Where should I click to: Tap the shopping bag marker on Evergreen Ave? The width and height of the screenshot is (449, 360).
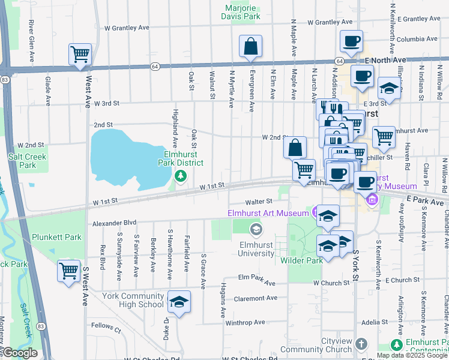(250, 47)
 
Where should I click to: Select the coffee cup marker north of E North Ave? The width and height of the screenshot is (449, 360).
(351, 41)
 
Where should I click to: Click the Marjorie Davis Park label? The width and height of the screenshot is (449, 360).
(243, 12)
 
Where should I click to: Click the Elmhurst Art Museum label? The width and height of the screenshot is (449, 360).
(268, 213)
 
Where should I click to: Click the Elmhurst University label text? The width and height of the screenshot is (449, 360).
(256, 248)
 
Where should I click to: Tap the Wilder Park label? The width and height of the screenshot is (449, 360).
(301, 260)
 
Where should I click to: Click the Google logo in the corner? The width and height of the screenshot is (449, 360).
(20, 353)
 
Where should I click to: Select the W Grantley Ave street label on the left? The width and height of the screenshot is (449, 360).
(127, 28)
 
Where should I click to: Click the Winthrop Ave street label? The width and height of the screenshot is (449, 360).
(246, 322)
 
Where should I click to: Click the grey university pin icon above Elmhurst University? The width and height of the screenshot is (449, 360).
(256, 229)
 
